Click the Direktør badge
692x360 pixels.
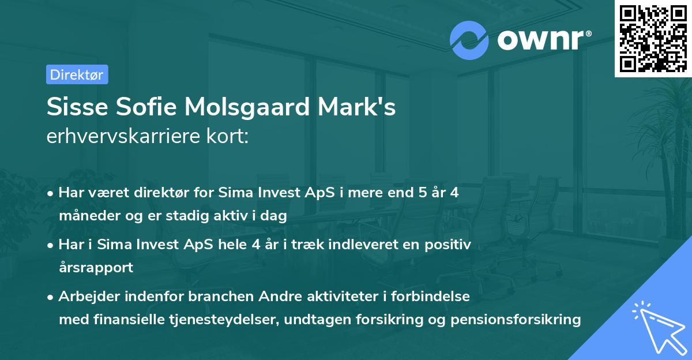[x=77, y=74]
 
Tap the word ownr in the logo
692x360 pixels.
[x=543, y=39]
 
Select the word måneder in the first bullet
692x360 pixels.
[x=87, y=216]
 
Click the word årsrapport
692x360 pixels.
[x=96, y=268]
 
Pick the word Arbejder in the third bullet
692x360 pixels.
[x=86, y=297]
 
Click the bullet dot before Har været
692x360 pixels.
[x=51, y=193]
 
